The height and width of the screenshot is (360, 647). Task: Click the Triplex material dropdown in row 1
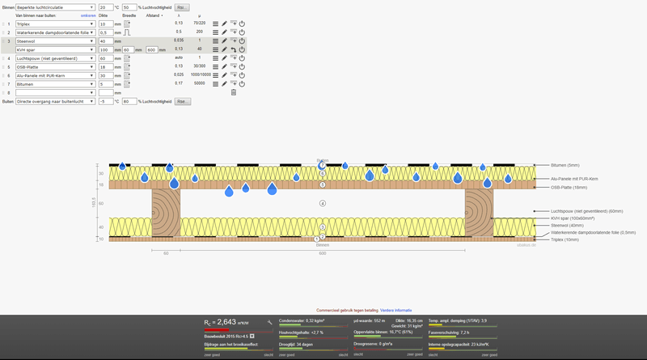54,23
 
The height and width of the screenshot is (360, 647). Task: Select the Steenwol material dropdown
54,40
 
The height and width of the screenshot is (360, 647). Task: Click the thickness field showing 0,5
105,32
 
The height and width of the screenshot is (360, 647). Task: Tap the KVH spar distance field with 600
155,49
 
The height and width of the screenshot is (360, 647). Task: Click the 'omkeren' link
87,15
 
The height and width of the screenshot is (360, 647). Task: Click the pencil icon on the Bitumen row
224,83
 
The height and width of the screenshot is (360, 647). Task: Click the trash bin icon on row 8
234,92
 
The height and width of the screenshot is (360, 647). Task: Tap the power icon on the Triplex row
242,23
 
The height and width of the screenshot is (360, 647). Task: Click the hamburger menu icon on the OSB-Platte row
215,66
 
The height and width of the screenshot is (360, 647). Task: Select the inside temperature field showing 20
105,7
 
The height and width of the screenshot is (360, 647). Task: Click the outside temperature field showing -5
105,101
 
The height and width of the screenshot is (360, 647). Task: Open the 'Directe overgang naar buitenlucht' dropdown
54,101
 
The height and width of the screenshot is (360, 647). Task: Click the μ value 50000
199,83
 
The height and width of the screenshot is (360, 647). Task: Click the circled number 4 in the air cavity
323,203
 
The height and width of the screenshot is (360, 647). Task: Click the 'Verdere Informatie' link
396,310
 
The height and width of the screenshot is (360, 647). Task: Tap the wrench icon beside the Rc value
269,322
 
